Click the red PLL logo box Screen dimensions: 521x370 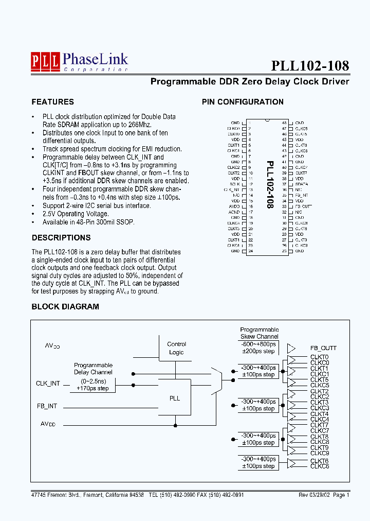(x=45, y=61)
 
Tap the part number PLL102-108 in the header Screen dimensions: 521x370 (x=310, y=66)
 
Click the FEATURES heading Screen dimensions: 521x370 (x=52, y=102)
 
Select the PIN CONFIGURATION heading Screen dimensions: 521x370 (x=243, y=102)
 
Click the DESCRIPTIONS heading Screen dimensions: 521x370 (x=61, y=238)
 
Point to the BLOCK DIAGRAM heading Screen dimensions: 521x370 (x=65, y=307)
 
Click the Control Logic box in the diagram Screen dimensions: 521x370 (x=176, y=349)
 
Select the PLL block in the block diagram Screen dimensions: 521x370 (x=175, y=398)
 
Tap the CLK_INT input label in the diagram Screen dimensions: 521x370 (x=48, y=384)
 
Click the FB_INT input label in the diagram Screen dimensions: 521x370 (x=47, y=406)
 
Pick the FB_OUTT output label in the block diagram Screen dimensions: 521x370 (x=323, y=349)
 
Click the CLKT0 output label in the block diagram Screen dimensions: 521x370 (x=319, y=357)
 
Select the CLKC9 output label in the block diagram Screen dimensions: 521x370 (x=319, y=454)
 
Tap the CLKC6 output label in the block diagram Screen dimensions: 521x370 (x=319, y=466)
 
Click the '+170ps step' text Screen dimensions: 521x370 (x=93, y=388)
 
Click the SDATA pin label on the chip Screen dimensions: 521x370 (x=302, y=184)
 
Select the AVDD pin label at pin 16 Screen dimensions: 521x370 (x=234, y=206)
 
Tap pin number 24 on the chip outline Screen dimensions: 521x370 (x=250, y=251)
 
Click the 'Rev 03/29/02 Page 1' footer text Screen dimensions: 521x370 (x=324, y=495)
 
